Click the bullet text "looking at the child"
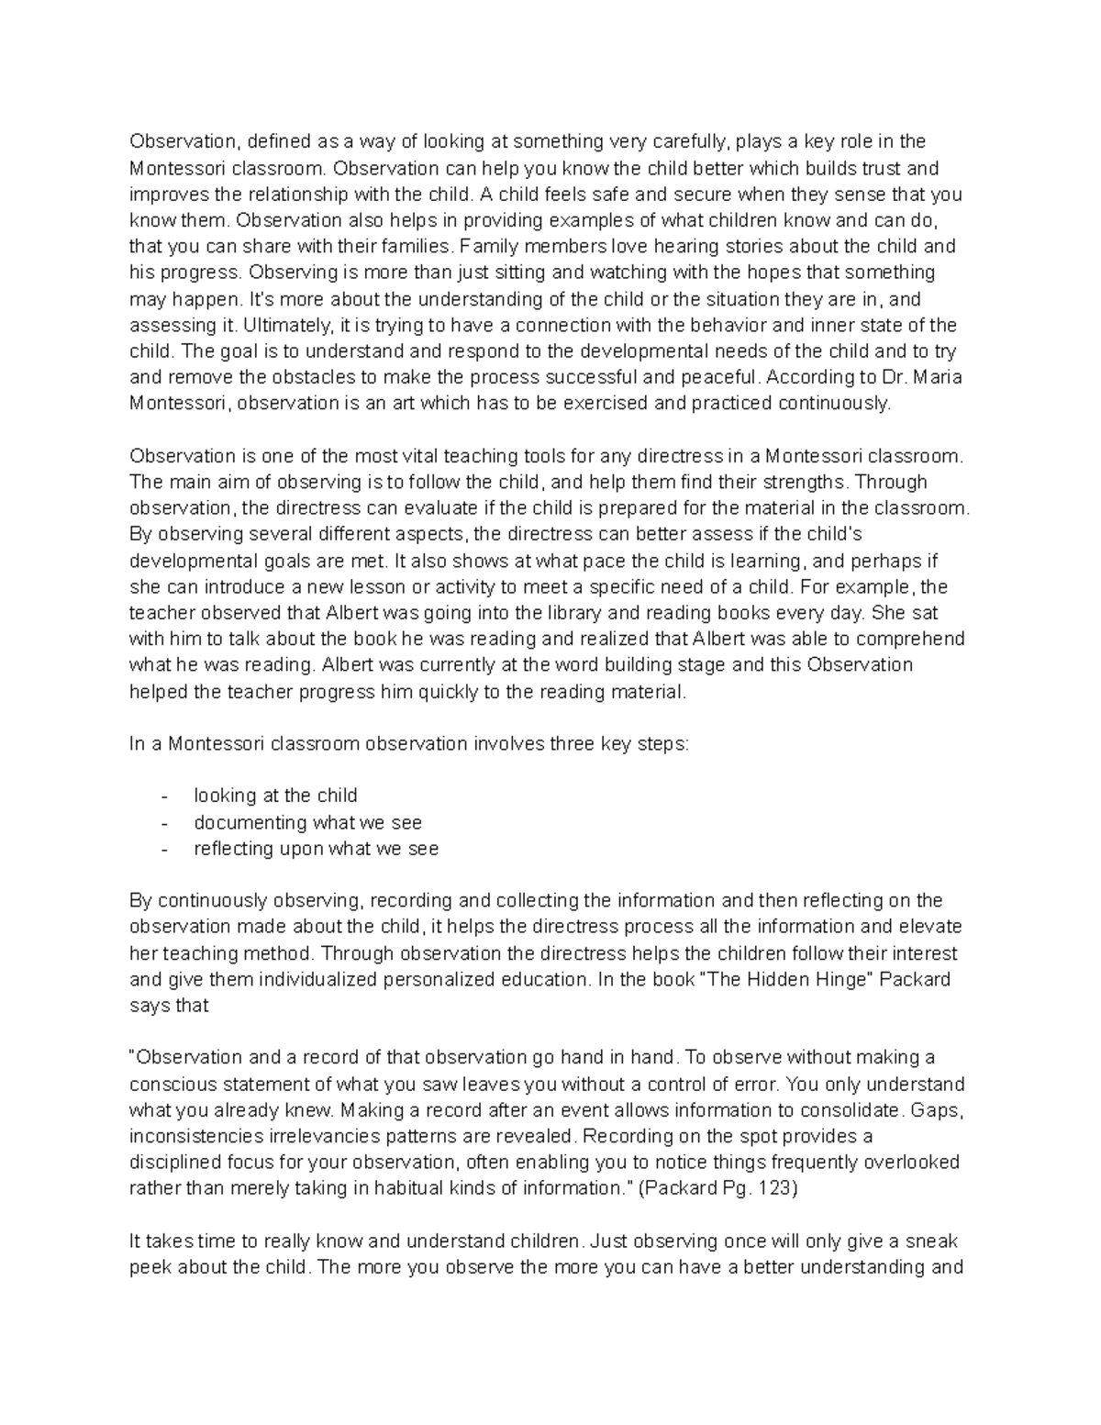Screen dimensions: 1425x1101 pos(275,796)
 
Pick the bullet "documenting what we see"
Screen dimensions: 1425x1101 pos(307,822)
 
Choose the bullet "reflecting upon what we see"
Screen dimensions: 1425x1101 pos(316,849)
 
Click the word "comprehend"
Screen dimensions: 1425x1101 pos(910,639)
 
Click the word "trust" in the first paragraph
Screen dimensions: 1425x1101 pos(880,169)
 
